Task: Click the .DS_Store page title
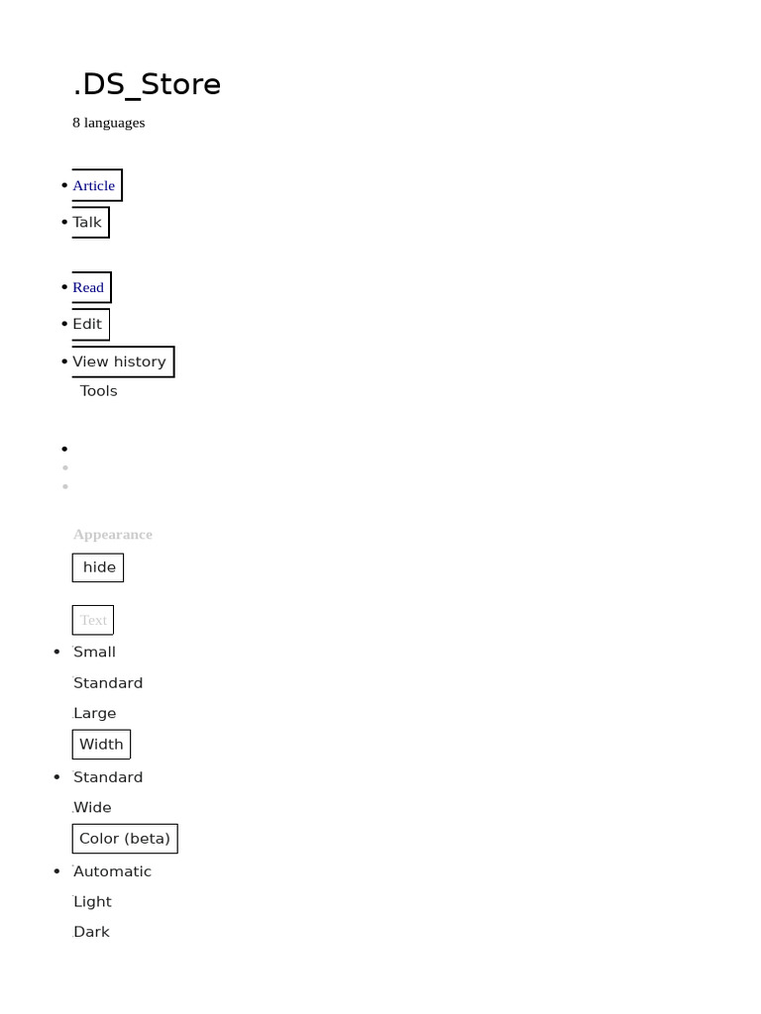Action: [x=147, y=85]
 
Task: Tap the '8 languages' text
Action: [x=109, y=123]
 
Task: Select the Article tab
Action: [x=94, y=185]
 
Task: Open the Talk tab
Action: [x=87, y=222]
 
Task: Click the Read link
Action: [x=88, y=287]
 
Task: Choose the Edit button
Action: [x=87, y=324]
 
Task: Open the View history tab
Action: [x=120, y=361]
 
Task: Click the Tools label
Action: [x=99, y=391]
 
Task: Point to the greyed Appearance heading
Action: [x=113, y=535]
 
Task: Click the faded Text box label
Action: [x=93, y=620]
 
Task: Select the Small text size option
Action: [x=95, y=652]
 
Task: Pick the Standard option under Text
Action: [x=108, y=683]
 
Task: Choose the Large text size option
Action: [x=95, y=713]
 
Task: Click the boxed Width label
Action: [x=101, y=745]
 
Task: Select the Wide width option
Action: [x=93, y=807]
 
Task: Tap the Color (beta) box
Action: [x=125, y=839]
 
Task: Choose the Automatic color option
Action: [x=113, y=871]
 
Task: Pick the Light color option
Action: [x=93, y=901]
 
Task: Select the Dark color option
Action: [x=92, y=932]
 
